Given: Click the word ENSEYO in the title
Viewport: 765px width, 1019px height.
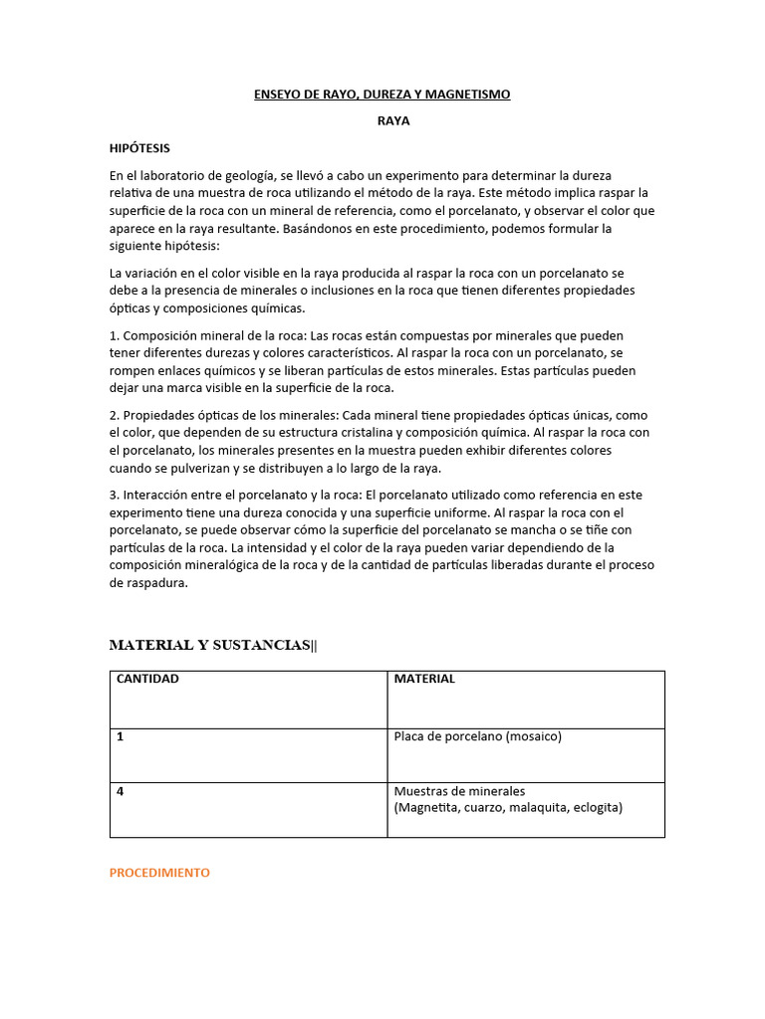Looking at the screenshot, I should click(x=274, y=95).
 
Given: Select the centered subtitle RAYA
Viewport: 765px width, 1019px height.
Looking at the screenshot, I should click(x=392, y=121).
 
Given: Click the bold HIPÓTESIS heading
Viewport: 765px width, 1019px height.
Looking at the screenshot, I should click(x=139, y=148).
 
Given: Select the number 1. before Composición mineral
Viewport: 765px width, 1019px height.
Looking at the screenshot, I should click(x=115, y=335).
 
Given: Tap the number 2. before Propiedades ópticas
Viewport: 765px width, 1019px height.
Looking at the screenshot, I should click(x=115, y=415).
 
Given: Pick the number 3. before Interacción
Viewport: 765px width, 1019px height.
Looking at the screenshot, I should click(x=115, y=495).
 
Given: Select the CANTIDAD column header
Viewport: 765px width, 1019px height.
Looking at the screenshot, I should click(x=148, y=679).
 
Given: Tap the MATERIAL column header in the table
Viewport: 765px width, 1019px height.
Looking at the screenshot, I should click(x=424, y=679).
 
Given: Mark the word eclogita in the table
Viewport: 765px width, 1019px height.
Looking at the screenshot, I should click(x=594, y=807).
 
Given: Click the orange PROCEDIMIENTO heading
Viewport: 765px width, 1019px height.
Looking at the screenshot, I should click(x=159, y=872).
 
